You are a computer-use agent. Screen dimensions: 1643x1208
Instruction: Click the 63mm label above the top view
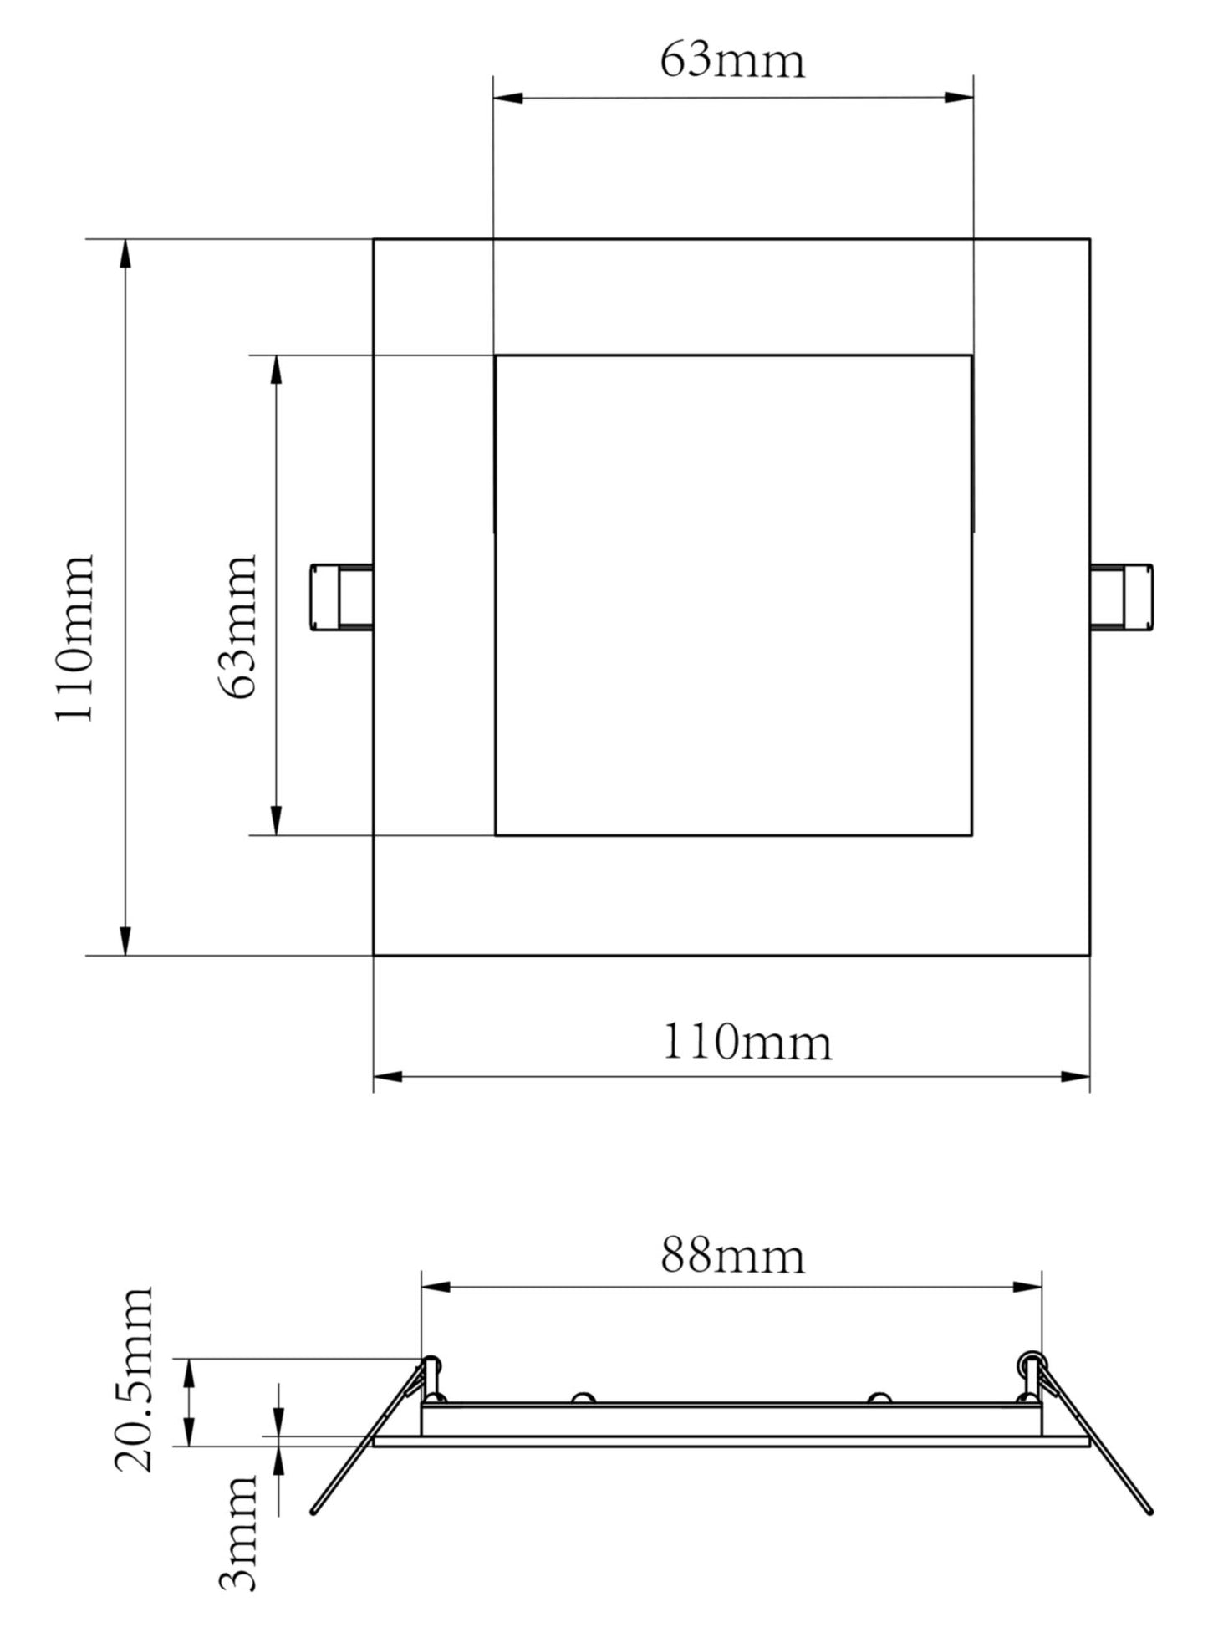coord(732,61)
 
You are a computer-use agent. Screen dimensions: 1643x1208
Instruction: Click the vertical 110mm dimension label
coord(75,637)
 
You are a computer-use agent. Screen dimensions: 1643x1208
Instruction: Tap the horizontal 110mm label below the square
coord(747,1043)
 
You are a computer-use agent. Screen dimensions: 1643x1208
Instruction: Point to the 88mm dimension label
coord(732,1256)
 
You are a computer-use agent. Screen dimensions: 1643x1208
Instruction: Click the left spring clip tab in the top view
coord(340,597)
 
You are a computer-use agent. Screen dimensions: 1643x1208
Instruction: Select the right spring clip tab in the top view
coord(1122,597)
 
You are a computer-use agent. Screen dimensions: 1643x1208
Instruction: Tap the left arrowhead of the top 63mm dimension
coord(507,98)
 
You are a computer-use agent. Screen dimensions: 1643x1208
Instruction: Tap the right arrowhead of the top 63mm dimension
coord(959,98)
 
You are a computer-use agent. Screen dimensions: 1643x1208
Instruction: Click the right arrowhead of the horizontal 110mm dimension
coord(1076,1076)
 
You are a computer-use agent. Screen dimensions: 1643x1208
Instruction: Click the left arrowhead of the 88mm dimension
coord(436,1286)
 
